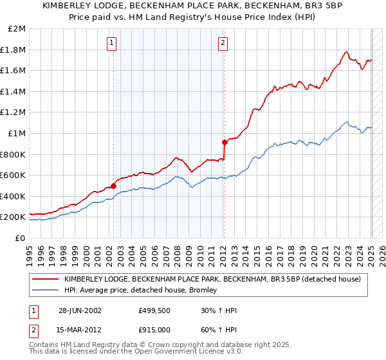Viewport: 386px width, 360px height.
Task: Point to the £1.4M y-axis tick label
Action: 14,91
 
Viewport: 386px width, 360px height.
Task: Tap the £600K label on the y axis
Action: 13,175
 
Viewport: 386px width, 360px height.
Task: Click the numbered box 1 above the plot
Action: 112,43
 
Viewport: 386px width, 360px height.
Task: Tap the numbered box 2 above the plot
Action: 223,43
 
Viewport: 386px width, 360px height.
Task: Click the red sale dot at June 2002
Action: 114,186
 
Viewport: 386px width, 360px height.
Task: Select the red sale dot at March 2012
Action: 225,142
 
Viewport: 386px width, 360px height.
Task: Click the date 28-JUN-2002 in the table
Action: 80,310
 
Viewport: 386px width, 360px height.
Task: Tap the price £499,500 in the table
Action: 154,310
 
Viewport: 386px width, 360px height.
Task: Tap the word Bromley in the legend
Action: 203,290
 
